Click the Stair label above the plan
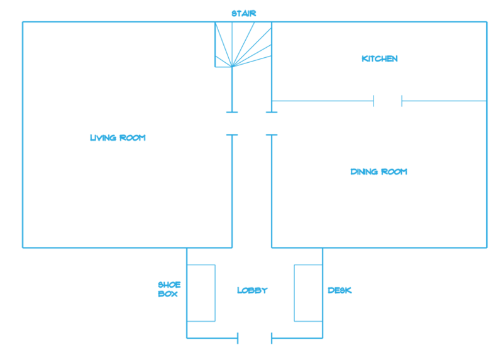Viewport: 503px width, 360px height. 243,13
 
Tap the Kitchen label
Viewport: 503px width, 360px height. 380,59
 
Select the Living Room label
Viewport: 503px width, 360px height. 118,138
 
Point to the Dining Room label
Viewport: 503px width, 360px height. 379,172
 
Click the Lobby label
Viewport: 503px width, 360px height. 252,290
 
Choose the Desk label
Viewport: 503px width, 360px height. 340,290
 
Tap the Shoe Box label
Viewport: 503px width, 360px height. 169,289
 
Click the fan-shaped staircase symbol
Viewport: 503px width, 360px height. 243,45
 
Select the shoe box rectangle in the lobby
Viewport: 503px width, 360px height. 201,293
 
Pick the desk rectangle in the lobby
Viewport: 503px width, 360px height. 308,293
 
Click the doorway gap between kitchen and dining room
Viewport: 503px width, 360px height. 388,101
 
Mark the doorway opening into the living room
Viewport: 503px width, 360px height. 232,123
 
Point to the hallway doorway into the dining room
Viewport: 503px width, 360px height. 272,123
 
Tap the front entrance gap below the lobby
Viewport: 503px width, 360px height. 254,339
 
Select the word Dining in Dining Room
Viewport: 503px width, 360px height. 364,172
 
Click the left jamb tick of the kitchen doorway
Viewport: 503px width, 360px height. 374,101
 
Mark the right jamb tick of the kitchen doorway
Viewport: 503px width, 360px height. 402,101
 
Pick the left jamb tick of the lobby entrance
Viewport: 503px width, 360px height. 238,339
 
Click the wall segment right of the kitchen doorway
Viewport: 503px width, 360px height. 444,101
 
